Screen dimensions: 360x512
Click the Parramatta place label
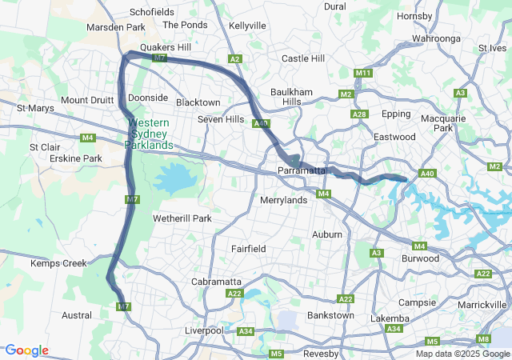[x=302, y=171]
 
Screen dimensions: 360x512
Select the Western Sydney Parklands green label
[x=149, y=134]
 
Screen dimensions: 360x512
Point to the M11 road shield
[x=363, y=74]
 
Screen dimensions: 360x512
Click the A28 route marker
[x=360, y=114]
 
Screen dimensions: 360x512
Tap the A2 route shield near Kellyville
[x=234, y=59]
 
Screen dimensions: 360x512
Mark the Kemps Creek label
[x=58, y=263]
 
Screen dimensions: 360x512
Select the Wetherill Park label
[x=182, y=218]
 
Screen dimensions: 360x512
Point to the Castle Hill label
[x=303, y=58]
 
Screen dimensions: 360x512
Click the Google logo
[x=26, y=350]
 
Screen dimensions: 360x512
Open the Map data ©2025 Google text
[x=462, y=354]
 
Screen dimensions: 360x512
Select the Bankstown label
[x=330, y=315]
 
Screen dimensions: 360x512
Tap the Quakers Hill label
[x=166, y=47]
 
